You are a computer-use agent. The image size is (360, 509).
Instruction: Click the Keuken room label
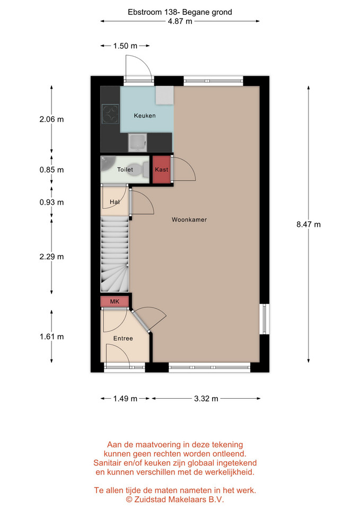click(x=144, y=116)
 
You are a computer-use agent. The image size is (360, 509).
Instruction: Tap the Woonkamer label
click(x=189, y=220)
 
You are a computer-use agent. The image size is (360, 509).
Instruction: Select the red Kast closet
click(x=162, y=170)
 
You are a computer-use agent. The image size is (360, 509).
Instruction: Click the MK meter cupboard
click(x=115, y=302)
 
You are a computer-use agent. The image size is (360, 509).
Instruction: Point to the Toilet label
click(x=125, y=170)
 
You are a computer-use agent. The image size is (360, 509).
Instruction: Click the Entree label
click(x=123, y=338)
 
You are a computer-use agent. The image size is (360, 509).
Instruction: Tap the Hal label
click(x=115, y=202)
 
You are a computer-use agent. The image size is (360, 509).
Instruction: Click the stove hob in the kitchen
click(x=110, y=113)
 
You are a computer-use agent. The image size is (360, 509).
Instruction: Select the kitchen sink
click(x=137, y=143)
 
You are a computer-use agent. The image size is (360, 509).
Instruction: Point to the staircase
click(x=115, y=254)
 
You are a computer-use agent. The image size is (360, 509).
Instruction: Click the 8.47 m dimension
click(x=309, y=224)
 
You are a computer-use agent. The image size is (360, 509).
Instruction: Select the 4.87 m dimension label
click(x=180, y=21)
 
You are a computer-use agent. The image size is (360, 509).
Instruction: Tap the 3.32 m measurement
click(x=206, y=399)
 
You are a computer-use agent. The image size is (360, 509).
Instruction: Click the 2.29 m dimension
click(x=51, y=257)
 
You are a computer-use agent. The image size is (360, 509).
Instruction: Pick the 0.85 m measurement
click(x=51, y=170)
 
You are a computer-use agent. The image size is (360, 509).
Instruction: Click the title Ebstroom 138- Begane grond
click(x=180, y=12)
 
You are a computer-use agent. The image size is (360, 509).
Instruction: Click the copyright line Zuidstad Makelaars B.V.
click(x=175, y=499)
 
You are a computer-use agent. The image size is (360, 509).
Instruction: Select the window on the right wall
click(x=264, y=319)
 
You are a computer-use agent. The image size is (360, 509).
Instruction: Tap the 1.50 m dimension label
click(x=125, y=46)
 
